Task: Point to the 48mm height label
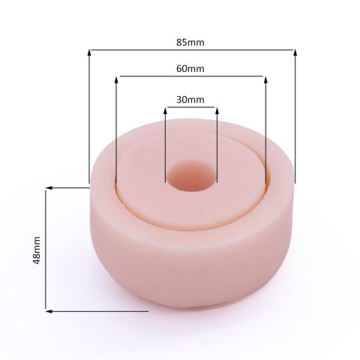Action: click(x=35, y=250)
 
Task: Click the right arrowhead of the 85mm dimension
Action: click(x=295, y=52)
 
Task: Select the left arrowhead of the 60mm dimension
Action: click(x=117, y=79)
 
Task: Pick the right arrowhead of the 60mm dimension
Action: click(x=263, y=79)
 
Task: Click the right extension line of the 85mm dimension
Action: click(x=295, y=120)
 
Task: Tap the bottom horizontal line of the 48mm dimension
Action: click(x=97, y=310)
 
